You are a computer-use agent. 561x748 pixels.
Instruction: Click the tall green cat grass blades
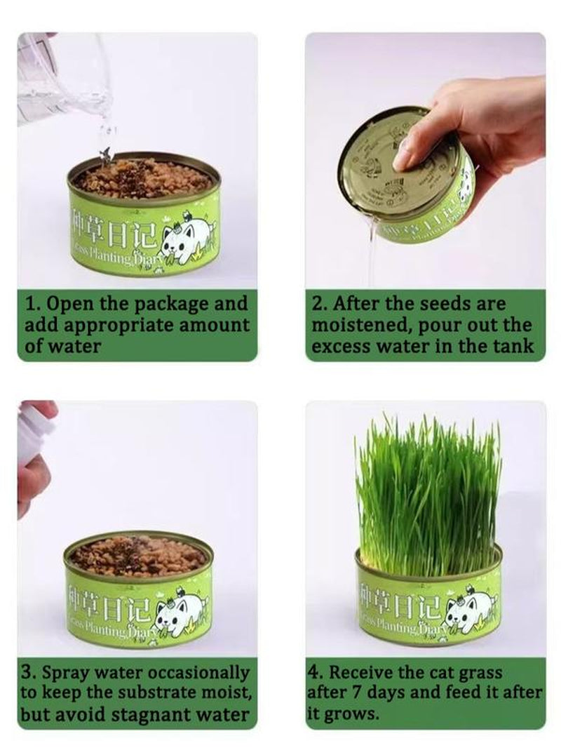click(x=428, y=491)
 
